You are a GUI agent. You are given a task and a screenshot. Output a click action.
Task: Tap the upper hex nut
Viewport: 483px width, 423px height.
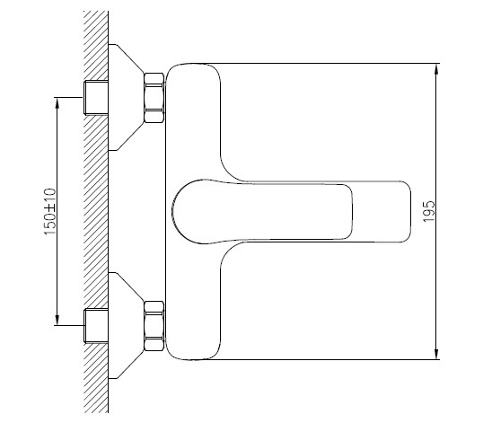(154, 96)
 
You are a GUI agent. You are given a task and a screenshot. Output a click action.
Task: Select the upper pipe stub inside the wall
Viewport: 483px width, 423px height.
(94, 96)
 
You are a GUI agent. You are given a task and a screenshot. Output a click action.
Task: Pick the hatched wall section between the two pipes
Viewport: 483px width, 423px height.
(93, 211)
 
